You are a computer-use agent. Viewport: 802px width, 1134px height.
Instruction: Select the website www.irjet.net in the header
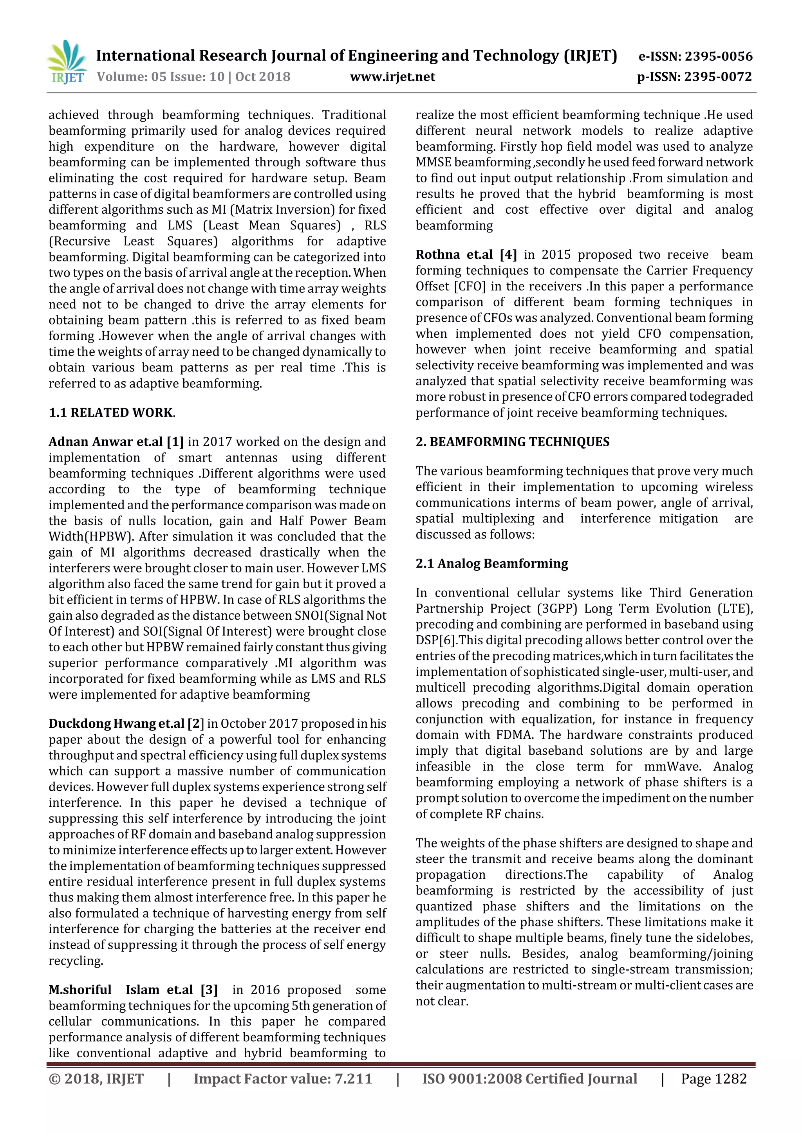click(392, 77)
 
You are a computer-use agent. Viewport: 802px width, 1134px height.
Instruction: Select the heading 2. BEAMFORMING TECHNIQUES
click(513, 442)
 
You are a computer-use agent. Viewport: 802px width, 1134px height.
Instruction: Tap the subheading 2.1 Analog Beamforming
click(492, 564)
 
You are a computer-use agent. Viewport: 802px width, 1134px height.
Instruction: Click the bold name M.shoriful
click(80, 990)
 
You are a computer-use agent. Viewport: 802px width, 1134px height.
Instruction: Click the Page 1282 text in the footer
click(713, 1079)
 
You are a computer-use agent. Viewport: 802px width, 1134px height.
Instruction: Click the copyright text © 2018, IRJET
click(96, 1079)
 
